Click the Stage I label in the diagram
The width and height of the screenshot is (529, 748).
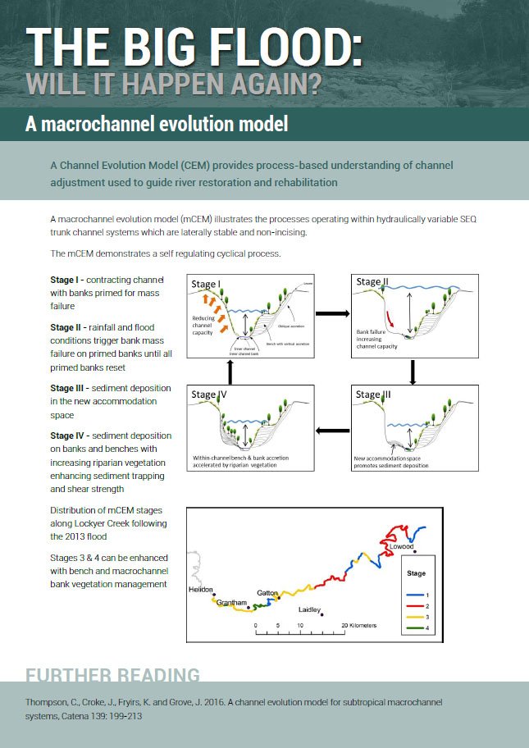205,284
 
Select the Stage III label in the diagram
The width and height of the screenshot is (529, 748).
373,395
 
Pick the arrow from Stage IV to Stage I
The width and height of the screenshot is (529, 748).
231,372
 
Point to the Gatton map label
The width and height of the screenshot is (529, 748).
267,592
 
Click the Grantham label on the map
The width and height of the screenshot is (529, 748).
232,603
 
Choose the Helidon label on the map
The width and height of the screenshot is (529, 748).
201,591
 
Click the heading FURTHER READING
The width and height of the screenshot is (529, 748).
112,675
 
